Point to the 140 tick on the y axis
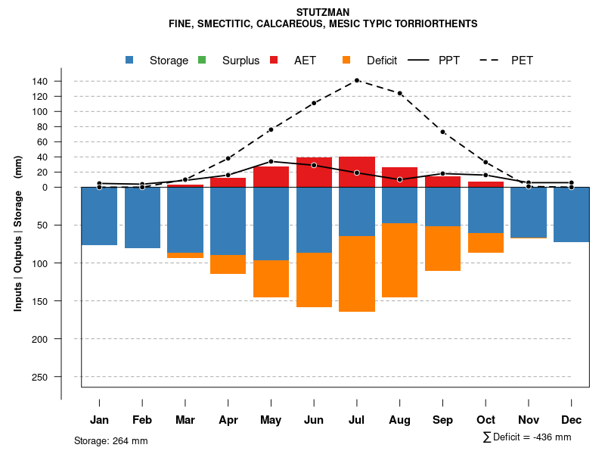click(61, 81)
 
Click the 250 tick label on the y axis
click(61, 377)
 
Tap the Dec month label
click(572, 420)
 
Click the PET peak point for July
click(357, 80)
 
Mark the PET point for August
click(400, 93)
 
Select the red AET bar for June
click(314, 173)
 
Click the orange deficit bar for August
click(400, 260)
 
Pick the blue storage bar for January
click(99, 216)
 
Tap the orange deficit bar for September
click(443, 248)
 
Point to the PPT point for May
click(271, 161)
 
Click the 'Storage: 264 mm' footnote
click(110, 440)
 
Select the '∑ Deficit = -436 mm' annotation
click(526, 437)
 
